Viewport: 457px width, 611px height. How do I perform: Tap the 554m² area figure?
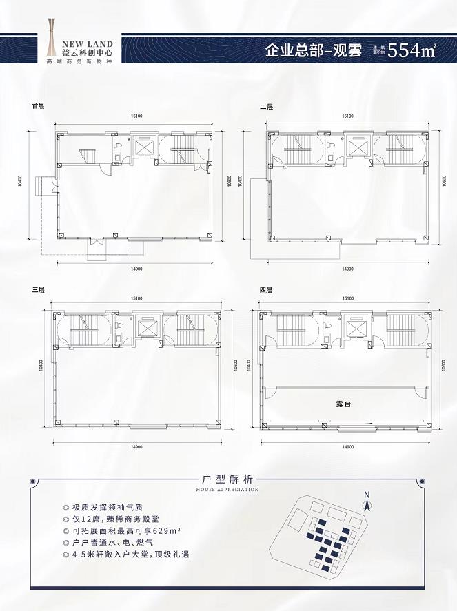(412, 51)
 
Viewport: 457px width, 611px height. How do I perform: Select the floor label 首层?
(38, 107)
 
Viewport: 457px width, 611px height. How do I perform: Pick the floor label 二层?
(266, 107)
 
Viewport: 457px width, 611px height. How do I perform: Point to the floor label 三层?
(38, 290)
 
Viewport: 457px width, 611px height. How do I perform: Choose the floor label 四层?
(266, 290)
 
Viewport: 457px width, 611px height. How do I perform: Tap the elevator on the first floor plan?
(145, 147)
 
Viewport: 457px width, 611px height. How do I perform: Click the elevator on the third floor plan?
(145, 328)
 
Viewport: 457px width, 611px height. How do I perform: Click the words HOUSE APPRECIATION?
(227, 490)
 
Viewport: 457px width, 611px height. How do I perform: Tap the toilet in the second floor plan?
(330, 146)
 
